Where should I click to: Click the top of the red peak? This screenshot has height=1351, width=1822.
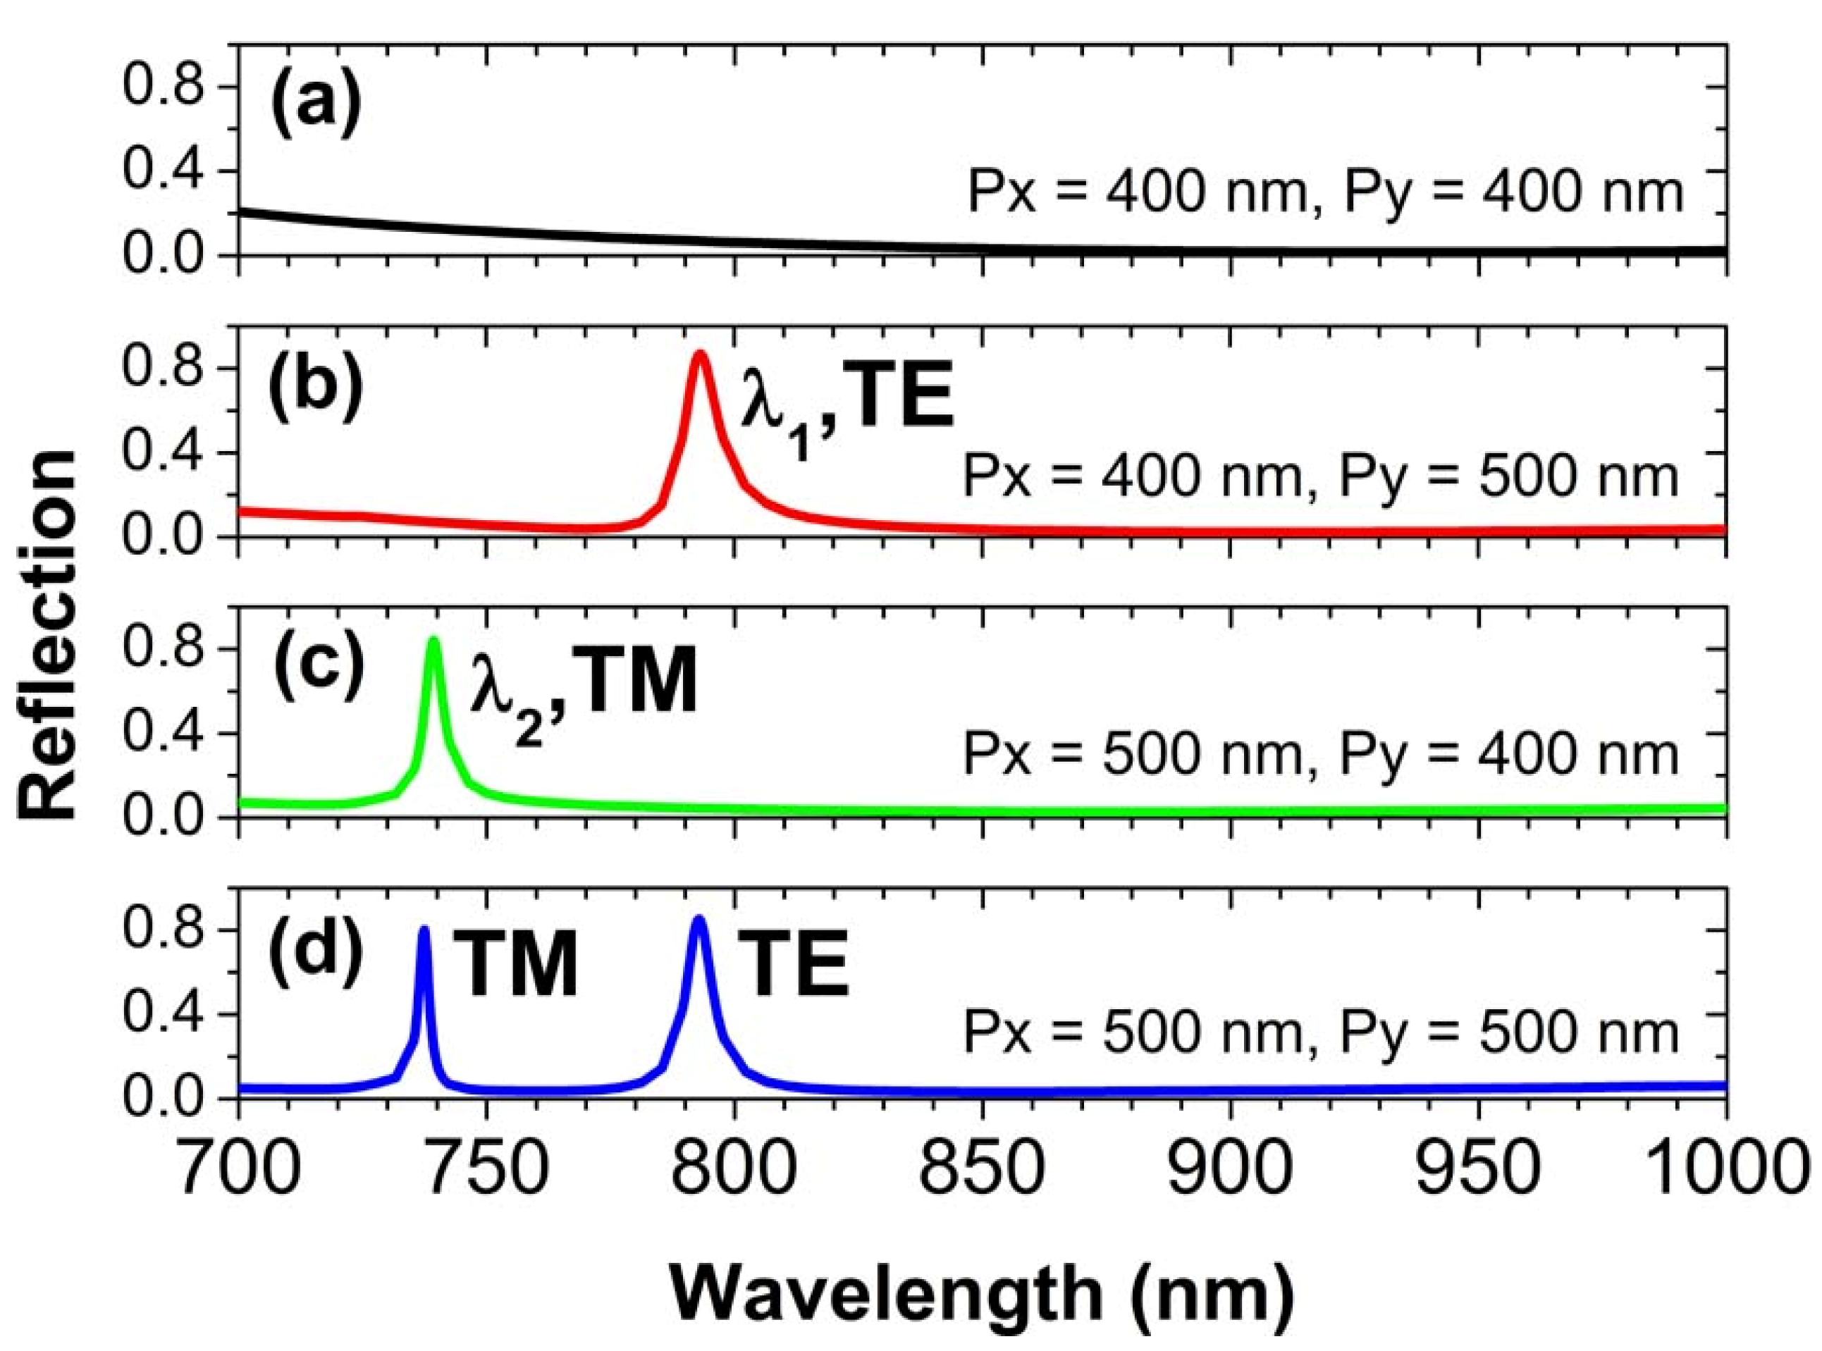(700, 353)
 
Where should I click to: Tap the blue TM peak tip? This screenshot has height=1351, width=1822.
(424, 929)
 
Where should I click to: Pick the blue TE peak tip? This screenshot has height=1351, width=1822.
(698, 918)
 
